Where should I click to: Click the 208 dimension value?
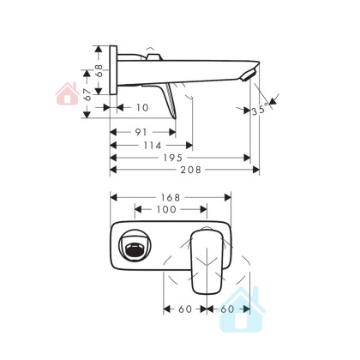(190, 170)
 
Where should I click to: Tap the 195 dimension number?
(172, 158)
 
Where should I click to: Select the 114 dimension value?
(153, 146)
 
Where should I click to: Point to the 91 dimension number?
(141, 132)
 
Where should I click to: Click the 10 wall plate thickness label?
(142, 108)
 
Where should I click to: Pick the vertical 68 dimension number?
(99, 70)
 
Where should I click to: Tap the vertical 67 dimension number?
(88, 94)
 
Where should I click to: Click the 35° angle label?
(261, 110)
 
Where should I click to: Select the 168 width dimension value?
(171, 197)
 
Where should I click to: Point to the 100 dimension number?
(166, 209)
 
